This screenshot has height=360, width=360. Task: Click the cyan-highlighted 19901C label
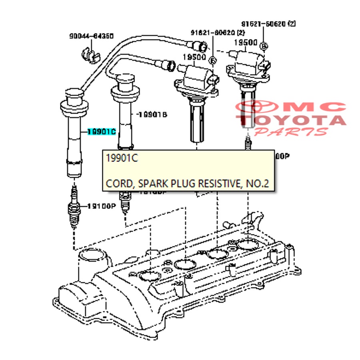click(102, 132)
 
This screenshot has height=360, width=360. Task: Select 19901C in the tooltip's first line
click(122, 158)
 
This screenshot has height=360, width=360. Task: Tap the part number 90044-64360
click(92, 36)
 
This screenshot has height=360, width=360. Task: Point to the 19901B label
click(152, 115)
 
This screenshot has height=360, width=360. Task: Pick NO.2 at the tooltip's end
click(258, 184)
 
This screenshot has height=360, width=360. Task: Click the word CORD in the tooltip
click(119, 184)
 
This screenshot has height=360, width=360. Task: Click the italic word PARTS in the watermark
click(291, 131)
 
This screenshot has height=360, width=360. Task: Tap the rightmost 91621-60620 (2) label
click(269, 24)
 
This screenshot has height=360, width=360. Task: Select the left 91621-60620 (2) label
click(218, 32)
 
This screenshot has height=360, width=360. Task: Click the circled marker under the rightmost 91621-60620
click(264, 46)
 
